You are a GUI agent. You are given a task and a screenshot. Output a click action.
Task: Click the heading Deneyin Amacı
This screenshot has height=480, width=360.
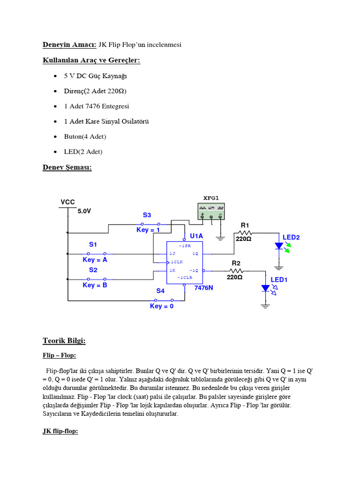[x=69, y=45]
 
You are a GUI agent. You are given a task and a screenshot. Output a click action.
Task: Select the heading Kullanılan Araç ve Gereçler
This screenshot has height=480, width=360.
[x=91, y=60]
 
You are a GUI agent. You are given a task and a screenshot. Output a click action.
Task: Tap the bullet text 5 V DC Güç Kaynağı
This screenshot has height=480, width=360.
[x=96, y=75]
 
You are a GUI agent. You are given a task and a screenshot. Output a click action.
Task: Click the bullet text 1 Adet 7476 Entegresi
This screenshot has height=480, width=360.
[x=97, y=106]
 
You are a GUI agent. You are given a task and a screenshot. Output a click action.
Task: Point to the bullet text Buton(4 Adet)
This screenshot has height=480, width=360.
[x=85, y=136]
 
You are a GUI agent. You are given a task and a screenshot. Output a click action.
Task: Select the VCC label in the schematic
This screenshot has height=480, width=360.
[x=67, y=202]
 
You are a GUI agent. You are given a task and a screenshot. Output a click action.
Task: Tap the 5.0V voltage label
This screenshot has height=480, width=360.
[x=84, y=211]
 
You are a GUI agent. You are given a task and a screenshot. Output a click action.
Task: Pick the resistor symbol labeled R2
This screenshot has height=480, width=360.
[x=236, y=270]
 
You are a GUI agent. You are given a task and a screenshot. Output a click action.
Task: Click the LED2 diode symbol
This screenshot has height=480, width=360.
[x=279, y=246]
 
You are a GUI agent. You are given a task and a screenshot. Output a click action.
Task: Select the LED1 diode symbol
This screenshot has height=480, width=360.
[x=266, y=289]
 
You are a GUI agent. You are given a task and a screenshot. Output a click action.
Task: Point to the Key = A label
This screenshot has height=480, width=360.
[x=95, y=260]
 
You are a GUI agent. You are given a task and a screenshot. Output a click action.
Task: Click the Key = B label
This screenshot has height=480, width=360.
[x=95, y=285]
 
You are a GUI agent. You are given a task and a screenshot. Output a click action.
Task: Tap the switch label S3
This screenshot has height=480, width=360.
[x=147, y=215]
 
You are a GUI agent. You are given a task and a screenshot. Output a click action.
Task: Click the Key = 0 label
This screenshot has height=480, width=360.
[x=162, y=306]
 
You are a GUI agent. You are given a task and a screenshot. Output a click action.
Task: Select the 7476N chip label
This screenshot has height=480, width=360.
[x=204, y=287]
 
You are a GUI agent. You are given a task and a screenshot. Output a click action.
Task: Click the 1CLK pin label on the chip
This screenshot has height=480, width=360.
[x=177, y=262]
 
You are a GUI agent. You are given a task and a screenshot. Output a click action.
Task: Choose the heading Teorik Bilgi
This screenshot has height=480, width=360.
[x=64, y=341]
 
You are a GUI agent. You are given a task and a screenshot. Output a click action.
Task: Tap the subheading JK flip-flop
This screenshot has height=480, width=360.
[x=60, y=431]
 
